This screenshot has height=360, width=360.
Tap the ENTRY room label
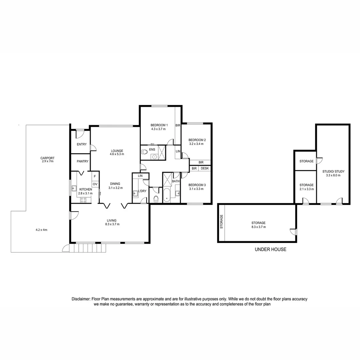[x=82, y=144]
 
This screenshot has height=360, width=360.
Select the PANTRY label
[x=82, y=161]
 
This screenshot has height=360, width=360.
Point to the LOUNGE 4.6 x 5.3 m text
[x=117, y=152]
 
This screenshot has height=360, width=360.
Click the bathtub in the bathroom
[x=167, y=195]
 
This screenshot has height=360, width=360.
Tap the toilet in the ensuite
[x=144, y=152]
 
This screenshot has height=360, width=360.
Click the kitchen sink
[x=73, y=188]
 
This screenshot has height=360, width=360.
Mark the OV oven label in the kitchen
[x=95, y=184]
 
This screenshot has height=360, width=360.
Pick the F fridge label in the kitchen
[x=95, y=176]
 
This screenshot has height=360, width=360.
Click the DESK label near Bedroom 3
[x=205, y=169]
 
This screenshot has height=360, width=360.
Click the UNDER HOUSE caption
[x=270, y=249]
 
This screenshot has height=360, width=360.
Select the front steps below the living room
[x=87, y=248]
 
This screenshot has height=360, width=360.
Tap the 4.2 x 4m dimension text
[x=42, y=230]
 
